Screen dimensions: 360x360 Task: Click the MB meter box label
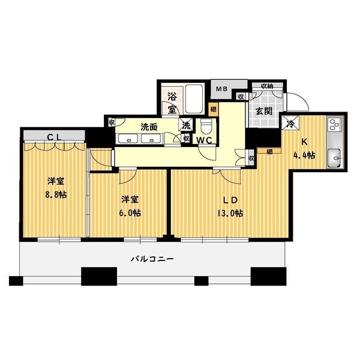coord(221,89)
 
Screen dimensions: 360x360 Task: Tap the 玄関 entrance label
coord(264,112)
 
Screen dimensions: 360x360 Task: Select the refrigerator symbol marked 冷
coord(290,124)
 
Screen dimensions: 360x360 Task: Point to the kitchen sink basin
coord(335,158)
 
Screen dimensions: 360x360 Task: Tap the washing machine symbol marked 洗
coord(186,125)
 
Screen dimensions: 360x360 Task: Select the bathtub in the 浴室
coord(194,99)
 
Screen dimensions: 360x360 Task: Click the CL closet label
coord(54,137)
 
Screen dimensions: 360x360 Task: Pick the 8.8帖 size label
coord(56,195)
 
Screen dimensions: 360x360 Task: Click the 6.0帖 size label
coord(130,213)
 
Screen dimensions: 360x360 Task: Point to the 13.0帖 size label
coord(230,214)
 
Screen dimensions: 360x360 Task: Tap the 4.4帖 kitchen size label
coord(304,155)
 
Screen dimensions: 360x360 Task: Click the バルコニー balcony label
coord(152,259)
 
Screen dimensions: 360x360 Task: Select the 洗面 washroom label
coord(149,127)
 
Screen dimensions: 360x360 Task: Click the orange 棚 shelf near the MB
coord(213,109)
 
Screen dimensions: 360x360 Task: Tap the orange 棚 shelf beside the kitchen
coord(269,151)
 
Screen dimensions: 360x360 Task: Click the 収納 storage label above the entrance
coord(267,86)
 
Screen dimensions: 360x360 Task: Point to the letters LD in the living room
coord(230,200)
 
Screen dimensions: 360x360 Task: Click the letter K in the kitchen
coord(304,142)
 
